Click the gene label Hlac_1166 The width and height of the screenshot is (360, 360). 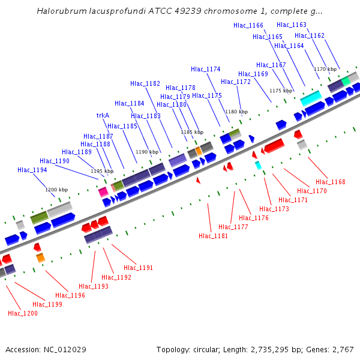click(x=248, y=25)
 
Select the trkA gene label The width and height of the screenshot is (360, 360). click(x=103, y=115)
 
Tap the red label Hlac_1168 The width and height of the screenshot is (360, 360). click(x=331, y=182)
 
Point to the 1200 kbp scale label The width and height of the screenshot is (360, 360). click(x=57, y=190)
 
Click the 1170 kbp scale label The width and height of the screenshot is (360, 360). click(x=325, y=69)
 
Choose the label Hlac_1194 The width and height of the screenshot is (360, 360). click(x=32, y=170)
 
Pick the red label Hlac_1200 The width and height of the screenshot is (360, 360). click(x=23, y=313)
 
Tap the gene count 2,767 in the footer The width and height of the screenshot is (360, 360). click(x=341, y=349)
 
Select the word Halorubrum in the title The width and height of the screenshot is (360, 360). click(x=59, y=11)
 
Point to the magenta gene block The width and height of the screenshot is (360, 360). click(x=103, y=191)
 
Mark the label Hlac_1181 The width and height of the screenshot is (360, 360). click(x=214, y=236)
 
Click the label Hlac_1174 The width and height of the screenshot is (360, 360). click(x=206, y=69)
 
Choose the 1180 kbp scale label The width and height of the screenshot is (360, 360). click(x=236, y=112)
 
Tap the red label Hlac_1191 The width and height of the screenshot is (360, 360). click(x=139, y=268)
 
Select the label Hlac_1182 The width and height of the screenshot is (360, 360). click(x=145, y=83)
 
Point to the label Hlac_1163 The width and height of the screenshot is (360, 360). click(x=292, y=25)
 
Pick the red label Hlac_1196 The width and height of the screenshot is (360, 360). click(x=70, y=295)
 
